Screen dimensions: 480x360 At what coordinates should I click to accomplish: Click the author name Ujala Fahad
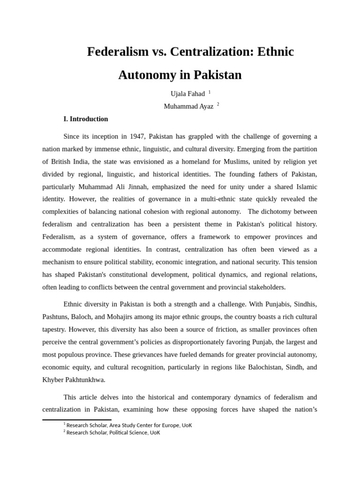(x=187, y=94)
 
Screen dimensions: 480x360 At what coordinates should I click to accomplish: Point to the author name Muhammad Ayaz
(x=188, y=106)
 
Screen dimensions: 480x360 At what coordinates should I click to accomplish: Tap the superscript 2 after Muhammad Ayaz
(x=218, y=105)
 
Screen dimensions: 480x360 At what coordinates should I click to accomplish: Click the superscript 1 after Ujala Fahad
(x=210, y=92)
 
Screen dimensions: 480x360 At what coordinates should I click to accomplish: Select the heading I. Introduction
(x=86, y=119)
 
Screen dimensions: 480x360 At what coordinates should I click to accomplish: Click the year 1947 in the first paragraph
(x=137, y=136)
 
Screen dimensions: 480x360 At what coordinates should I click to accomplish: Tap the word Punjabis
(x=271, y=304)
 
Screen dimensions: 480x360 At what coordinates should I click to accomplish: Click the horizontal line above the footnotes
(x=77, y=420)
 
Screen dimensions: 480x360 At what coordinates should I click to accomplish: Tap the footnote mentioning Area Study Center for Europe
(x=129, y=425)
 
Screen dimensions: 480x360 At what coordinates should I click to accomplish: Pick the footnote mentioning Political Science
(x=113, y=433)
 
